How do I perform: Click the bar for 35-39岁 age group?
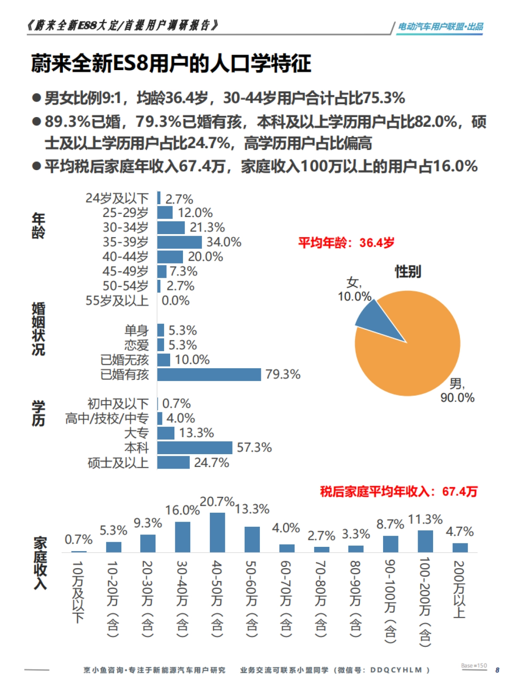(x=180, y=242)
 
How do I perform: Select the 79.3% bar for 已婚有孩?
(x=209, y=375)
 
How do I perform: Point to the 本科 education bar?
(x=195, y=448)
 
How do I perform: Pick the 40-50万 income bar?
(x=217, y=532)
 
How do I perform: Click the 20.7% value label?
(x=217, y=502)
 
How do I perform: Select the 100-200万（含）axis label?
(x=425, y=602)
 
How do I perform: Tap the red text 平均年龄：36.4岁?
(x=346, y=243)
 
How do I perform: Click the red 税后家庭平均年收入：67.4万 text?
(x=398, y=492)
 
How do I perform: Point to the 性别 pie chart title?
(x=407, y=271)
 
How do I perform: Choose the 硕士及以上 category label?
(x=118, y=463)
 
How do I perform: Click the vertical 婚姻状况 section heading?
(x=38, y=329)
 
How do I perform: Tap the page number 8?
(x=497, y=670)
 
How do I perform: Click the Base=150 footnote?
(x=474, y=666)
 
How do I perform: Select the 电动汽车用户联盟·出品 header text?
(x=440, y=26)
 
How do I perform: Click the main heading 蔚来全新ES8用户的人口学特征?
(x=171, y=64)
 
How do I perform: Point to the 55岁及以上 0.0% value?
(x=175, y=301)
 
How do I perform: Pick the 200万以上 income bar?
(x=460, y=548)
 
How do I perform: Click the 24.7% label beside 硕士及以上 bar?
(x=211, y=463)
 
